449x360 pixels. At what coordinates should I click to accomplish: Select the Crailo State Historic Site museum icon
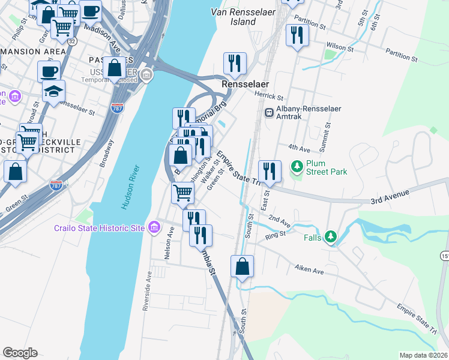tap(154, 227)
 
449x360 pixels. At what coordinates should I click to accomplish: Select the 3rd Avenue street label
tap(390, 196)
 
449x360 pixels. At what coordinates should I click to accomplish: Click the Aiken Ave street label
tap(309, 270)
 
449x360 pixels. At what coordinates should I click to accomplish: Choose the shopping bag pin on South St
tap(242, 266)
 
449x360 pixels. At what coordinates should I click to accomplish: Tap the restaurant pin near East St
tap(270, 172)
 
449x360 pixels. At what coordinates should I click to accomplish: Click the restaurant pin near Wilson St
tap(296, 35)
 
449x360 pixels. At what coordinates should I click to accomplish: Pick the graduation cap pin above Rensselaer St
tap(53, 91)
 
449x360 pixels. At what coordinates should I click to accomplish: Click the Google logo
tap(20, 353)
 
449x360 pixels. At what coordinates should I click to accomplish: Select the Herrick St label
tap(268, 97)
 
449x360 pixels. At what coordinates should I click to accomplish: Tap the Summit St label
tap(328, 135)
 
